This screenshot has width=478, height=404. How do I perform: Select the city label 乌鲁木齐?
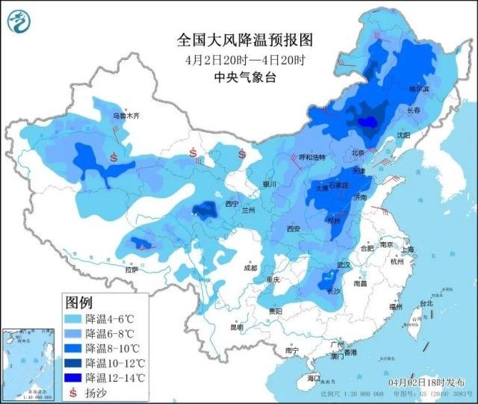point(125,116)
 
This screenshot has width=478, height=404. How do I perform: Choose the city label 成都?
point(249,267)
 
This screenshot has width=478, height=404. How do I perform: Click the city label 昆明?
point(236,327)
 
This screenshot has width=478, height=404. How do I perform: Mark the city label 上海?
point(406,249)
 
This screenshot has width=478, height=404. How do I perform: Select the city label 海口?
point(313,378)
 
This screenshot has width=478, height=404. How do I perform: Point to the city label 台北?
point(425,304)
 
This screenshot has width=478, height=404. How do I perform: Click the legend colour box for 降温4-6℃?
point(74,319)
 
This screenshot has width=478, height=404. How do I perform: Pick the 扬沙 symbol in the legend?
point(74,392)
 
